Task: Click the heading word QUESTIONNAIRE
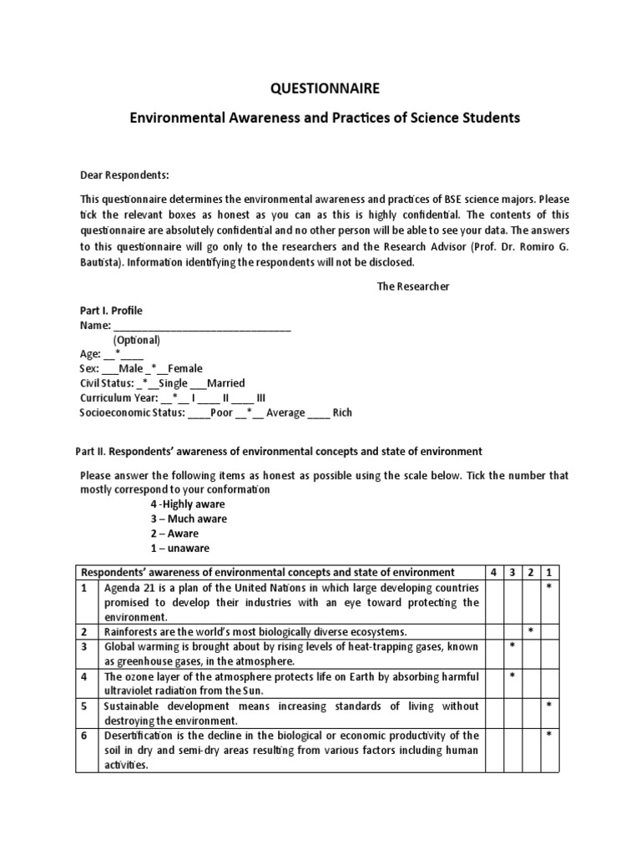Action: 320,88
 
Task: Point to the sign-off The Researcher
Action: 412,286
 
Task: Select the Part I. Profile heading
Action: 111,311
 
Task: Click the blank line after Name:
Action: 201,326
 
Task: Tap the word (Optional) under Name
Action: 137,340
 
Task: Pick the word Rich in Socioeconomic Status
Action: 342,412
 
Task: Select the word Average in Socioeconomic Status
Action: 285,412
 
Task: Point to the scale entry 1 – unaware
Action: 179,548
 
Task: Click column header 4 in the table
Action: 493,572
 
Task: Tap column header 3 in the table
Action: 512,572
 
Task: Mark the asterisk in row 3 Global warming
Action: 512,645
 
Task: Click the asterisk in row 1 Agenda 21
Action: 548,588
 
